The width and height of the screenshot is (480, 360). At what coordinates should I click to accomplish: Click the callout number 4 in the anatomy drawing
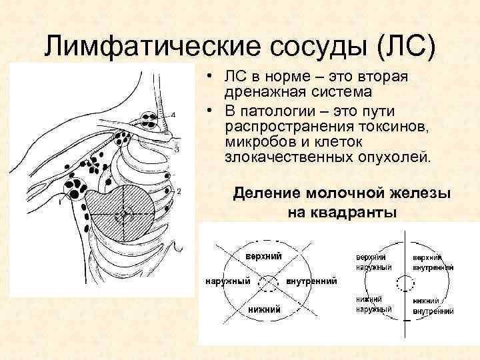pos(173,115)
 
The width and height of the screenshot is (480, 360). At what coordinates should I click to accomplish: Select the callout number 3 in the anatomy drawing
pos(176,149)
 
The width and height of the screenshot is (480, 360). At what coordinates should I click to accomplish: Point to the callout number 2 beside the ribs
pos(179,191)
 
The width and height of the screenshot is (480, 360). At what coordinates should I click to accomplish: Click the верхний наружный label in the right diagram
pos(373,262)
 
